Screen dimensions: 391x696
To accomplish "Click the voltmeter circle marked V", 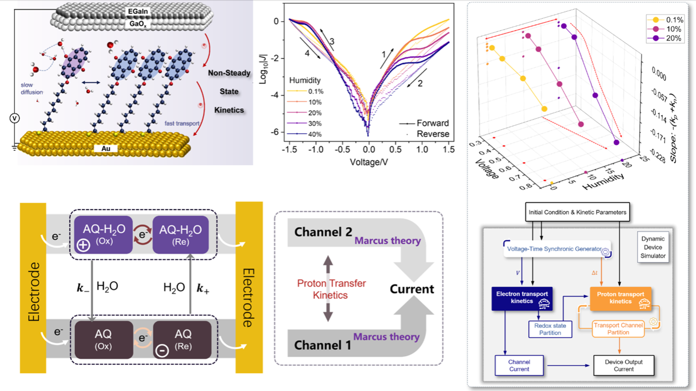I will pyautogui.click(x=14, y=118).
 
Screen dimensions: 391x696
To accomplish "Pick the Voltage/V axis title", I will pyautogui.click(x=369, y=162).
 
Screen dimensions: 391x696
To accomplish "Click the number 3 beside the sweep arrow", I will pyautogui.click(x=332, y=42).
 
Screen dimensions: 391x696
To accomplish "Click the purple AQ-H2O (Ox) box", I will pyautogui.click(x=104, y=235).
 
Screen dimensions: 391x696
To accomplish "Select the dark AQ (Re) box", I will pyautogui.click(x=182, y=340).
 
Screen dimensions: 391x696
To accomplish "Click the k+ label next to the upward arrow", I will pyautogui.click(x=203, y=288).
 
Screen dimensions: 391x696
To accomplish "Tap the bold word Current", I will pyautogui.click(x=412, y=289).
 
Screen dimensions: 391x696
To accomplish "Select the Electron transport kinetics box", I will pyautogui.click(x=522, y=298).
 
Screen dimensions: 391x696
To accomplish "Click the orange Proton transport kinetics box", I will pyautogui.click(x=620, y=298).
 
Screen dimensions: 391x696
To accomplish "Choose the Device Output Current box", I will pyautogui.click(x=623, y=365).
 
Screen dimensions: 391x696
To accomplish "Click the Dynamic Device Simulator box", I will pyautogui.click(x=654, y=247).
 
